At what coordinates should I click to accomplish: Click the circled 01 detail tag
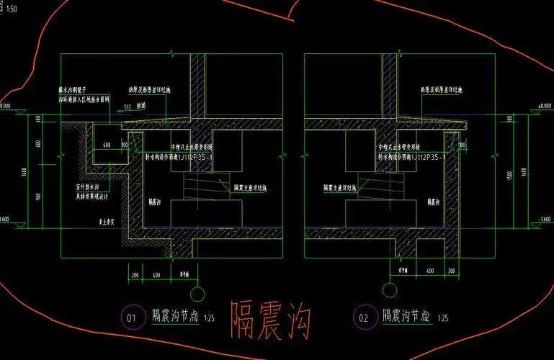tap(131, 316)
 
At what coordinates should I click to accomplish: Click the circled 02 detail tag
tap(363, 316)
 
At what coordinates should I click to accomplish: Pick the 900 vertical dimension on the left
tap(37, 197)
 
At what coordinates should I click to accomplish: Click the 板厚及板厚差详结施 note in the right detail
tap(442, 91)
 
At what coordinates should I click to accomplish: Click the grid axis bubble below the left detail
tap(196, 293)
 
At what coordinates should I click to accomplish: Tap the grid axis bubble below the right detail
tap(390, 292)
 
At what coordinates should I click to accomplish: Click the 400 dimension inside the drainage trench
tap(106, 145)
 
